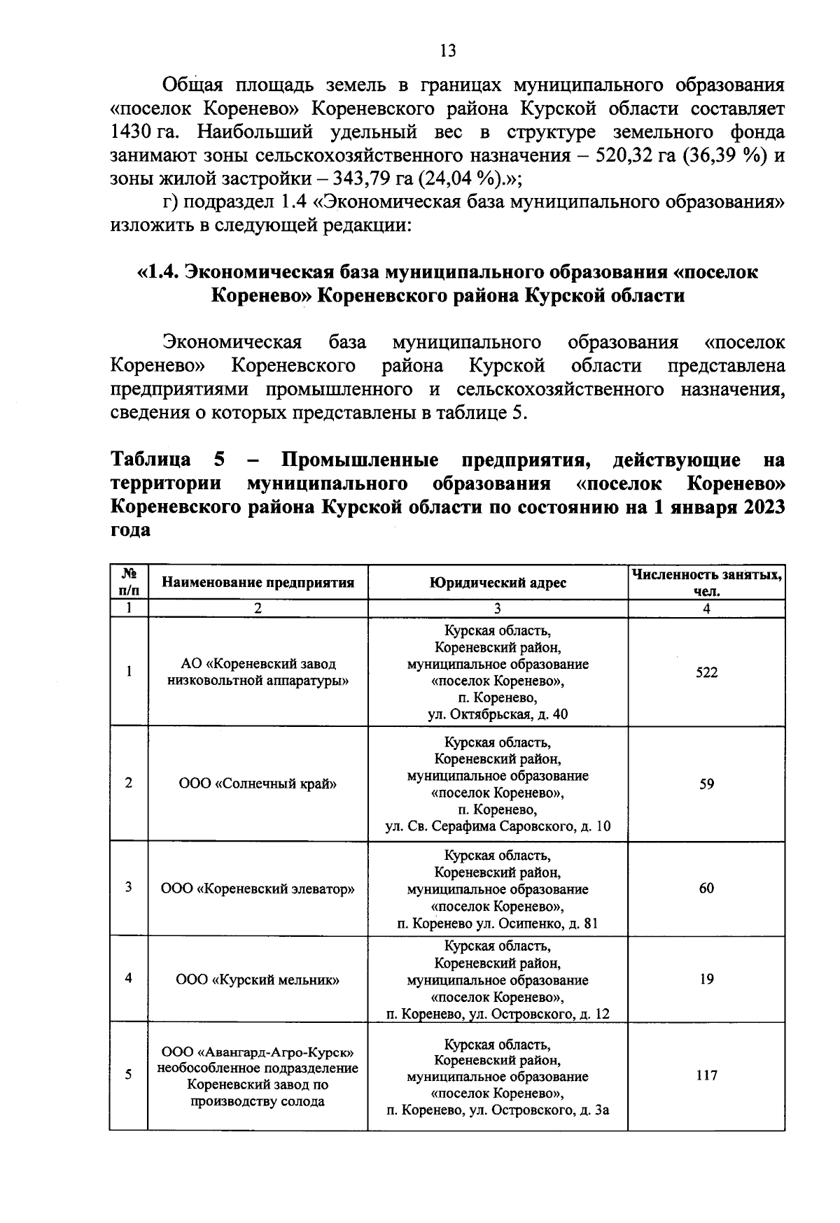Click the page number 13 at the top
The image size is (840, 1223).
coord(448,50)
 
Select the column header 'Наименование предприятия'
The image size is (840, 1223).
coord(258,582)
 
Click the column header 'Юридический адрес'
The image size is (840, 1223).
coord(498,582)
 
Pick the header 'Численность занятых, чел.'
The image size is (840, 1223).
coord(706,582)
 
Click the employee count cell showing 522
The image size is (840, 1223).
coord(706,672)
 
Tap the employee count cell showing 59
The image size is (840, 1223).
coord(706,784)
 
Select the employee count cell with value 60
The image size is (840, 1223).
coord(706,888)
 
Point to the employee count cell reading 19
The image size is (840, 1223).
coord(706,979)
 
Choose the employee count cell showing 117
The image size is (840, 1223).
coord(706,1075)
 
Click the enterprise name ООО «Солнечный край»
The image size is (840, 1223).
coord(258,784)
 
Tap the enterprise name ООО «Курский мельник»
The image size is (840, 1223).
coord(258,980)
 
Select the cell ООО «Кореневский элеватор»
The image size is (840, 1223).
coord(258,889)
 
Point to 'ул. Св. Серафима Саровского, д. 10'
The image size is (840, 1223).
coord(498,826)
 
